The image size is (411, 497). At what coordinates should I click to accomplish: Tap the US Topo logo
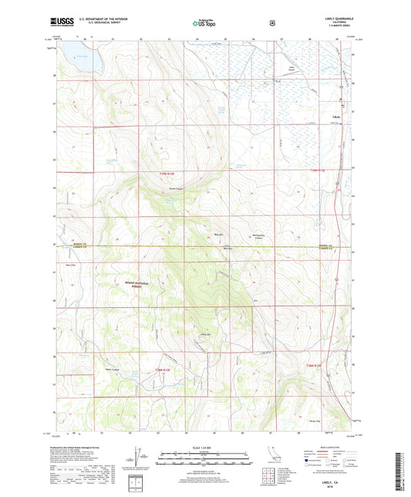coord(204,23)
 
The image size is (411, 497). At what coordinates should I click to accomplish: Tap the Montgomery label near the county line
coord(260,235)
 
